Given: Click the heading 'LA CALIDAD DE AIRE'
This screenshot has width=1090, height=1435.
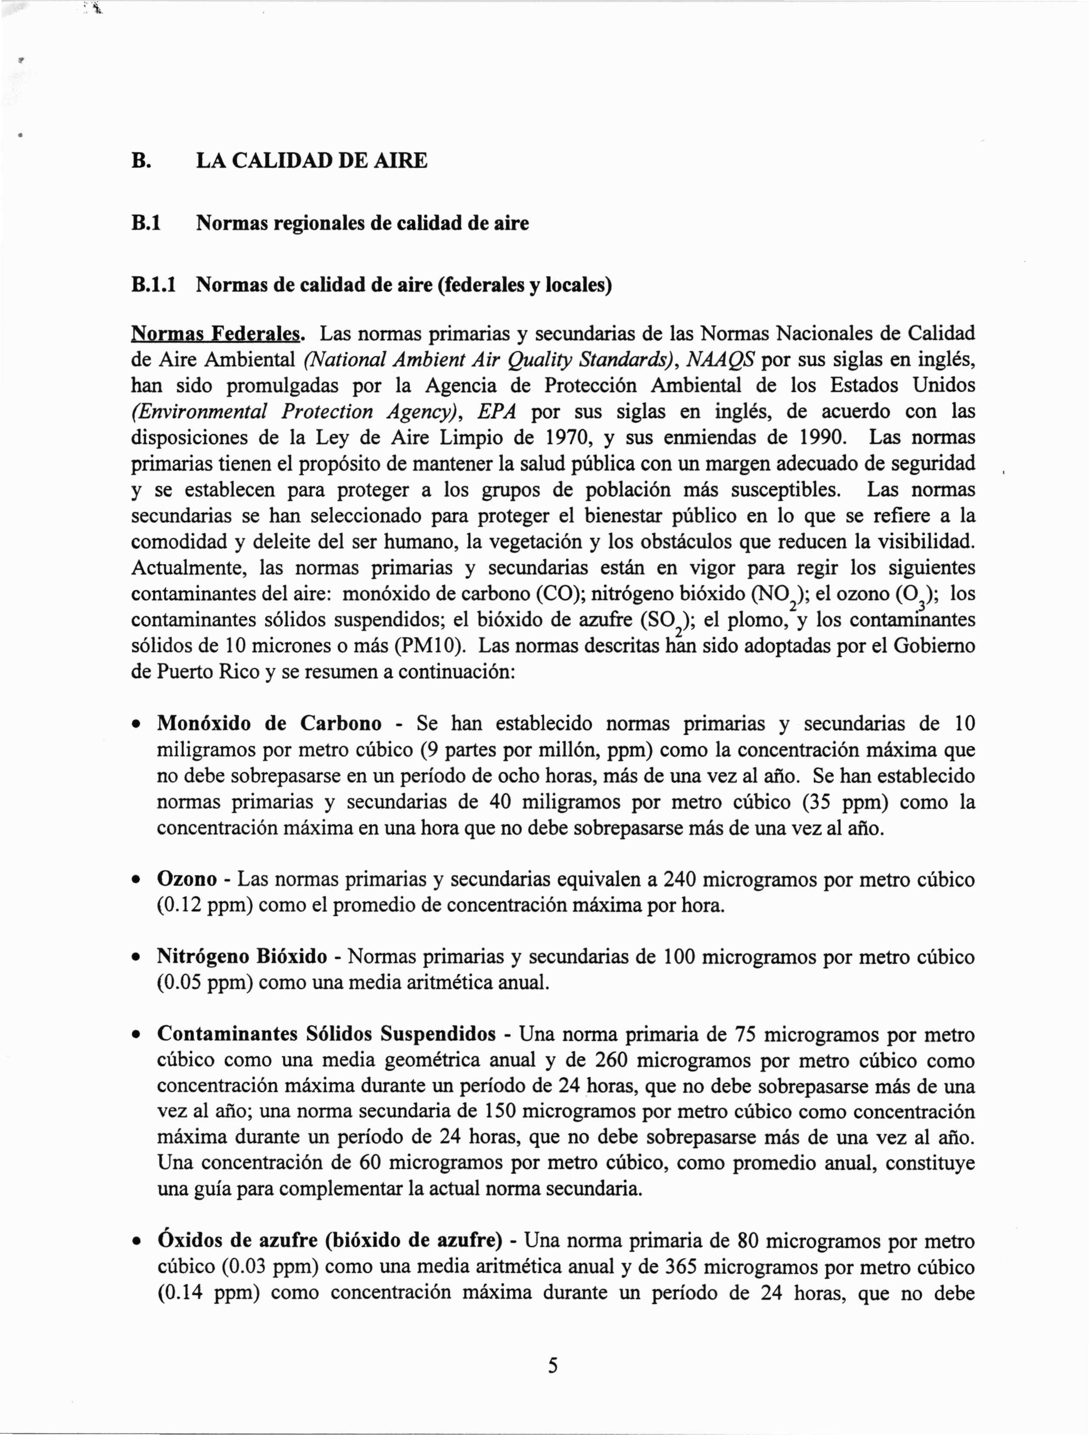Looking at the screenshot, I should tap(311, 160).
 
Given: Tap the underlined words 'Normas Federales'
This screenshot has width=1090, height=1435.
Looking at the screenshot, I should tap(217, 334).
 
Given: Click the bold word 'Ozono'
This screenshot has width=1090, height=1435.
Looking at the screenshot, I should tap(187, 879).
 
